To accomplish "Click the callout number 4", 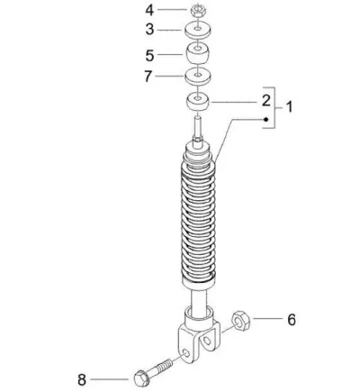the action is [x=149, y=10].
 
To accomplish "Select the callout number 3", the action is [x=149, y=30].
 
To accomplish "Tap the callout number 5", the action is [x=149, y=56].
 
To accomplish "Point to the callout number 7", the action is [x=148, y=77].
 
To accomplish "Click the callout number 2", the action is [x=266, y=101].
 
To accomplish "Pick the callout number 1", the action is [x=289, y=107].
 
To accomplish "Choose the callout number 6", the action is [x=292, y=320].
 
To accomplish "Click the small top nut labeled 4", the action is [x=198, y=10].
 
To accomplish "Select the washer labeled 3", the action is [x=198, y=31].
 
